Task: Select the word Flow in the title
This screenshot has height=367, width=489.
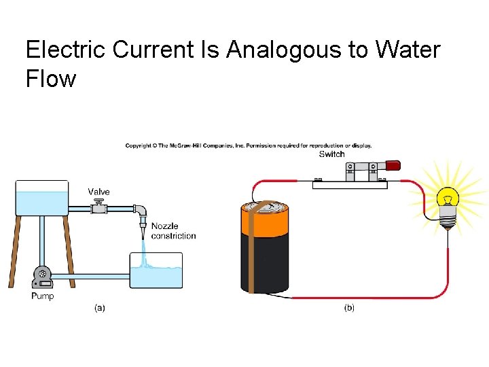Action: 51,79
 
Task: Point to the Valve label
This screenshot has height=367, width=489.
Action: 98,192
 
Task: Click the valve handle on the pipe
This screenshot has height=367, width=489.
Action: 100,203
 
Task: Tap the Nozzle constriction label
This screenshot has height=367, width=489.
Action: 173,231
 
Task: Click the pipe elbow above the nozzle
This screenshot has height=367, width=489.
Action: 140,211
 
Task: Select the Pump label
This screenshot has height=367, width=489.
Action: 42,296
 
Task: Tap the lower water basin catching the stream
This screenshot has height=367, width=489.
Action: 156,271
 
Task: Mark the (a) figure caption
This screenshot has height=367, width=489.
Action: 99,308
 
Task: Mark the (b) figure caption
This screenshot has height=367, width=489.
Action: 348,308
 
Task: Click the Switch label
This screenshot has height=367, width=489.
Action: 331,154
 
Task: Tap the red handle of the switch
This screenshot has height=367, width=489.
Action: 392,165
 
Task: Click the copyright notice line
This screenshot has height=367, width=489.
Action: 248,145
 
